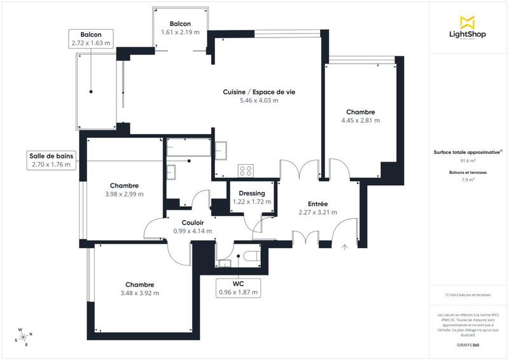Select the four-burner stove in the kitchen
tap(246, 170)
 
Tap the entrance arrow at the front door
tap(344, 247)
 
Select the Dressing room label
tap(251, 193)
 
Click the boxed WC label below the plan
tap(238, 288)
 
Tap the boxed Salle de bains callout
tap(51, 160)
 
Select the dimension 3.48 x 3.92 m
tap(139, 293)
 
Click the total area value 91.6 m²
tap(468, 162)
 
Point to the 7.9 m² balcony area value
tap(468, 180)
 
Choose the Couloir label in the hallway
tap(192, 223)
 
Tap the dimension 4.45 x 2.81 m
tap(360, 120)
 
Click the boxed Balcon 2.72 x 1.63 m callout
tap(92, 39)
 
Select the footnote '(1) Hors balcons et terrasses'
tap(468, 295)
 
